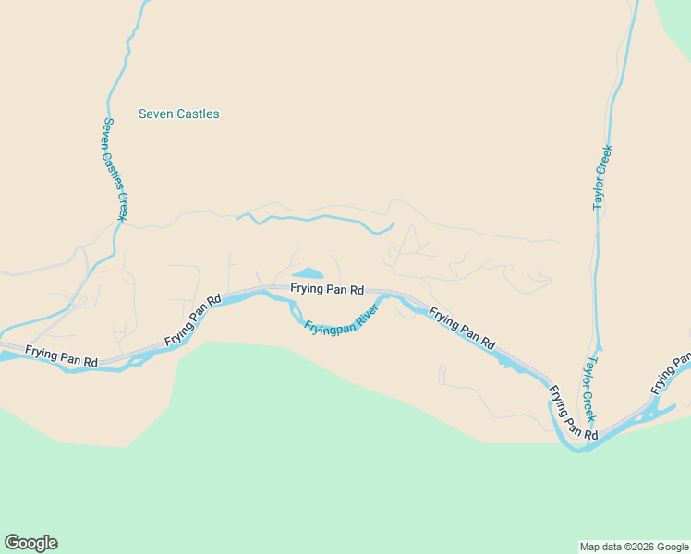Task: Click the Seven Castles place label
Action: click(178, 114)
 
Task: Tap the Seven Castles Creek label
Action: click(115, 169)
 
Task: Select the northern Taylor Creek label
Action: click(601, 176)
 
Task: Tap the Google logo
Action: click(30, 543)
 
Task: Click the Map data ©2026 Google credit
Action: click(635, 547)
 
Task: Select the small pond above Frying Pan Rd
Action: click(308, 273)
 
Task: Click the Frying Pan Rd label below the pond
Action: click(327, 289)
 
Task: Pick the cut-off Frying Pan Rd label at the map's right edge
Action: click(673, 369)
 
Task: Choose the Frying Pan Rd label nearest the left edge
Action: click(61, 356)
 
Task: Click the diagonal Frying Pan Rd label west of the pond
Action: click(194, 320)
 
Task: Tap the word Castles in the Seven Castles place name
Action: click(198, 114)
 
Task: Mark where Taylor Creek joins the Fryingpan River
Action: click(582, 448)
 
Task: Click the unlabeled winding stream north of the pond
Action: click(314, 219)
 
